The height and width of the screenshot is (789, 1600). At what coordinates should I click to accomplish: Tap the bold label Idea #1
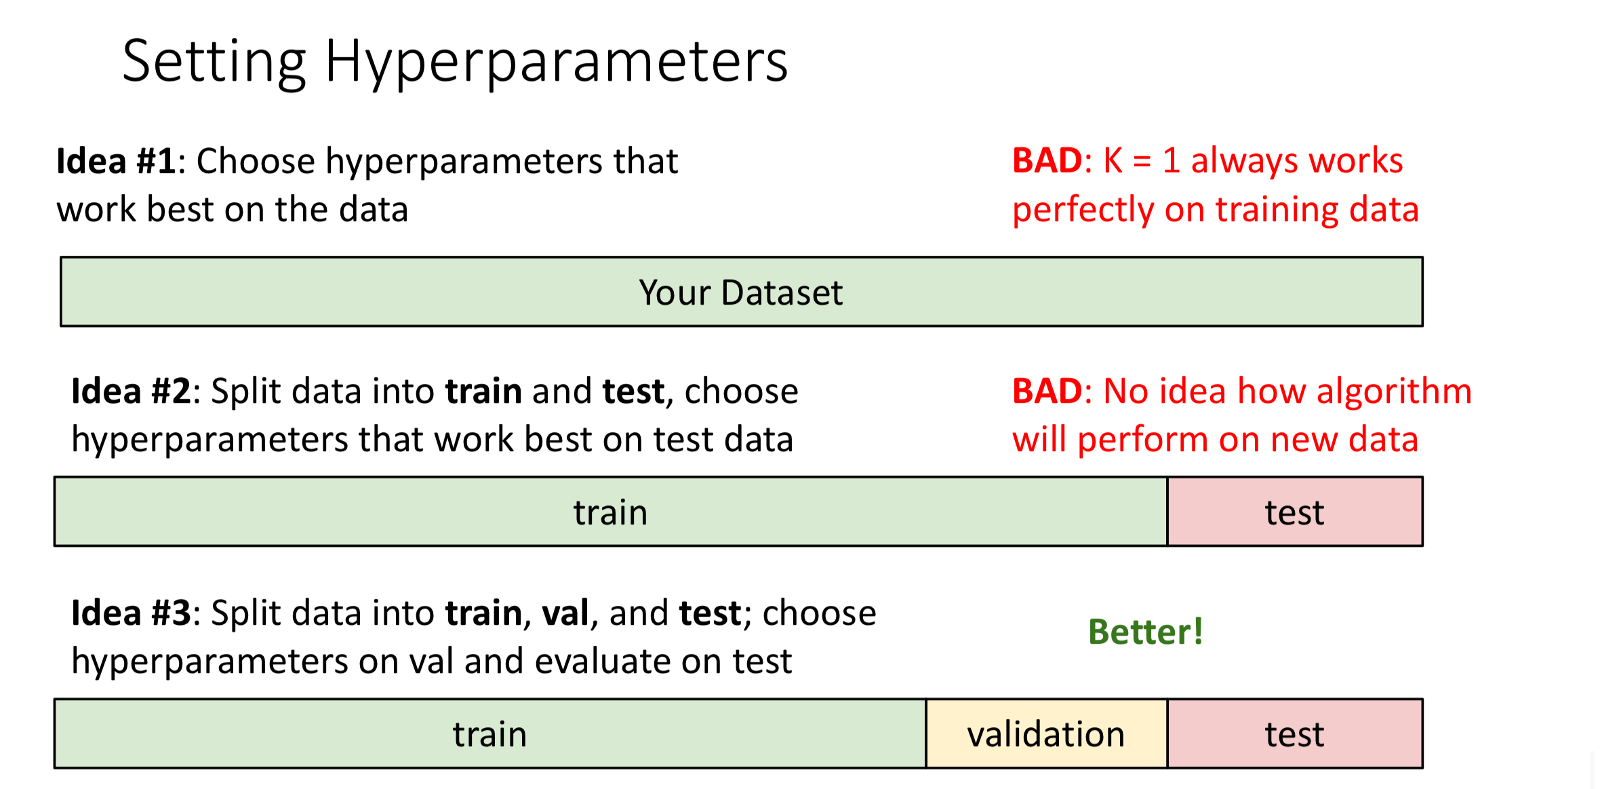point(117,161)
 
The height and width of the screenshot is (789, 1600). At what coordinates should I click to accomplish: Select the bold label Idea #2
point(132,391)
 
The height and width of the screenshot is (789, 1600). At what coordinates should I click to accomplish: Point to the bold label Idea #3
point(132,613)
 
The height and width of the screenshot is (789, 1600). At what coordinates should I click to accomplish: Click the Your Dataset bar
point(742,292)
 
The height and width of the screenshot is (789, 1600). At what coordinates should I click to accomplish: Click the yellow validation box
point(1046,733)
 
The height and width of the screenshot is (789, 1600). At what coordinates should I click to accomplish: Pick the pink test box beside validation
point(1295,733)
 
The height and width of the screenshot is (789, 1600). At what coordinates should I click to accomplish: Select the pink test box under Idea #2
point(1295,512)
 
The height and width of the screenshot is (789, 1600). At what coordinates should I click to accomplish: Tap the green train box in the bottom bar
point(490,733)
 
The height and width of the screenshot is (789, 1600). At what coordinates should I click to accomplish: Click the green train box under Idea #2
point(611,512)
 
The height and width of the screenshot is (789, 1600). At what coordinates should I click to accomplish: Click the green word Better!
point(1146,632)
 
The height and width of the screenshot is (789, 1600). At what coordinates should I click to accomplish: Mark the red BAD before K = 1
point(1047,161)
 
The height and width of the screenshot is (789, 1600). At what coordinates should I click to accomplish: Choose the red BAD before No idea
point(1047,391)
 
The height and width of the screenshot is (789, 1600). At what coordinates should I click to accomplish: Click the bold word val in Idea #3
point(565,613)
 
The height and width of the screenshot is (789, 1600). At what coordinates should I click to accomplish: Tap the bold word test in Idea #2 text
point(633,392)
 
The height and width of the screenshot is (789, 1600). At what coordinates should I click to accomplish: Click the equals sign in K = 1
point(1142,161)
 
